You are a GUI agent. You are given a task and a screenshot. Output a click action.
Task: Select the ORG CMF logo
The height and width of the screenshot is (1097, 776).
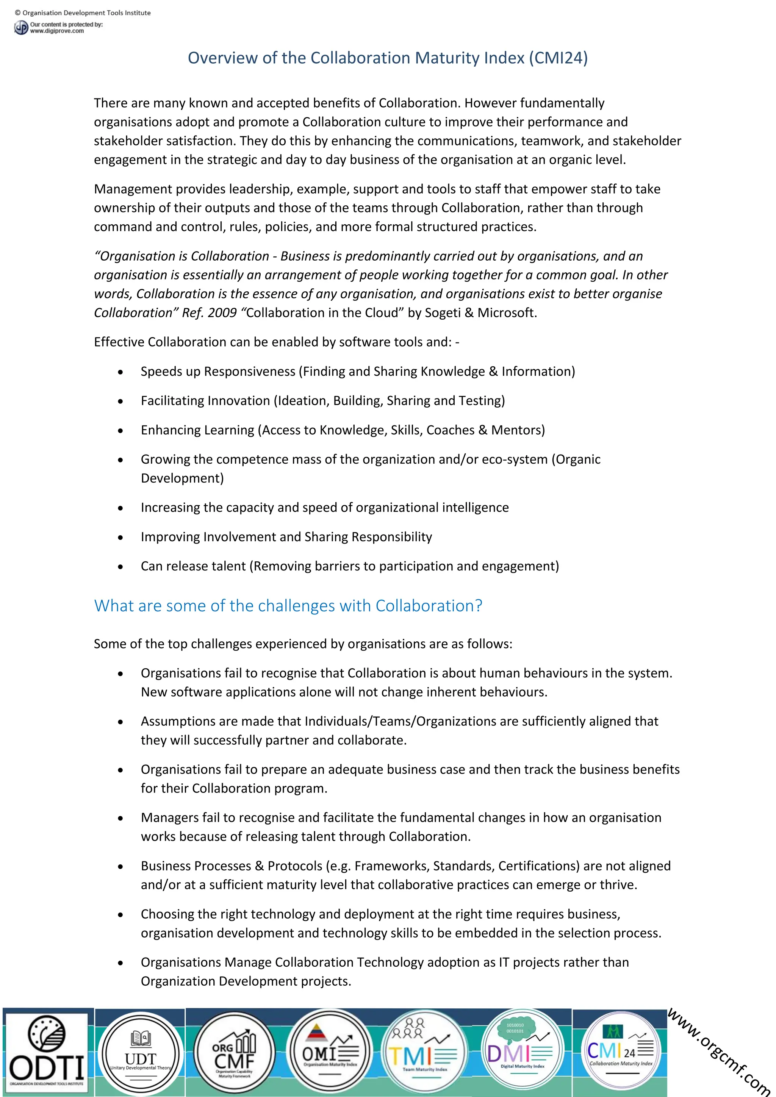(234, 1052)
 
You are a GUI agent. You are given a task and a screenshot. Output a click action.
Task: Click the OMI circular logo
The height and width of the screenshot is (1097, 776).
(330, 1052)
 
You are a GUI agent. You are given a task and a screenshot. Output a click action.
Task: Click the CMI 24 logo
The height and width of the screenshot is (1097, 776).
(620, 1052)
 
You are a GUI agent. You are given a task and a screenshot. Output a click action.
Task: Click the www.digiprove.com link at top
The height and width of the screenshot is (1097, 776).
(57, 31)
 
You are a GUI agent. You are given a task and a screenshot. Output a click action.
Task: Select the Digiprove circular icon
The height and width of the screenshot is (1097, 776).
(21, 28)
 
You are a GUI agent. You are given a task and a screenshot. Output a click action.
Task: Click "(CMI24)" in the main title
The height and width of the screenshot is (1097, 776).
(558, 58)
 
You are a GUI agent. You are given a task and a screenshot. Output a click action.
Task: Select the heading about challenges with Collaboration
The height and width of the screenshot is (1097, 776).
(288, 606)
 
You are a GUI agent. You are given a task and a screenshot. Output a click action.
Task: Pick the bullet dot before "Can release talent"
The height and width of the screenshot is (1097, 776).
(120, 567)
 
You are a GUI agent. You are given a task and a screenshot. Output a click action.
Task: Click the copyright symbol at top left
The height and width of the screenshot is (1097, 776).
(18, 13)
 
